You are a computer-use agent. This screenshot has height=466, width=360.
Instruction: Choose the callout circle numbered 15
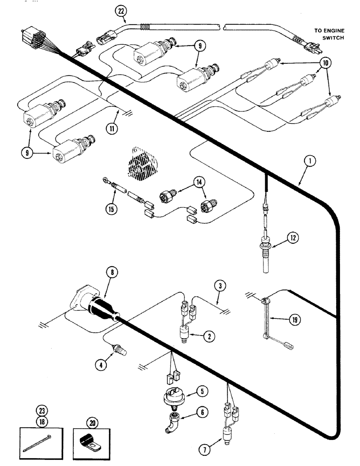(111, 209)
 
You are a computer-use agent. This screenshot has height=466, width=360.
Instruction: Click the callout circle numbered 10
(326, 63)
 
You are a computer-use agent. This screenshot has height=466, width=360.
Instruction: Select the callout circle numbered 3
(220, 284)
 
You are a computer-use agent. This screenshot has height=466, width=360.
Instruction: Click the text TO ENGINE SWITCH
(329, 34)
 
